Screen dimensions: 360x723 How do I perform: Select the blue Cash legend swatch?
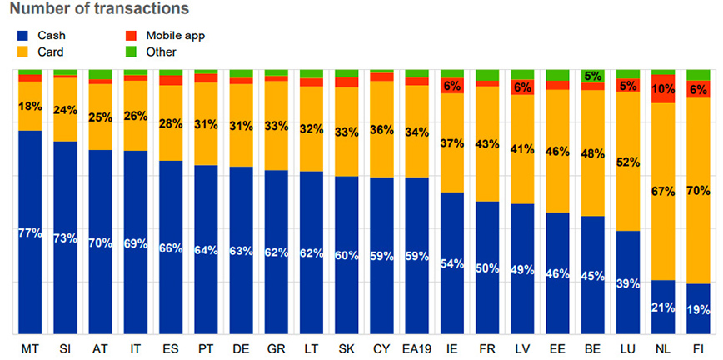click(22, 36)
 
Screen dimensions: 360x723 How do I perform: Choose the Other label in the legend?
click(161, 52)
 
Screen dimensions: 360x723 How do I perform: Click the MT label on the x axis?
click(30, 345)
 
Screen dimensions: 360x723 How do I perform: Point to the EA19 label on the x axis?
click(416, 345)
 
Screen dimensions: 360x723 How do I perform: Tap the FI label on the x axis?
click(698, 345)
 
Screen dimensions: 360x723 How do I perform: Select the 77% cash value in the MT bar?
click(30, 232)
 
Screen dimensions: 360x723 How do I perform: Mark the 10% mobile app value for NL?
click(664, 88)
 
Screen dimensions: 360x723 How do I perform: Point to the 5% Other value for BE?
click(593, 76)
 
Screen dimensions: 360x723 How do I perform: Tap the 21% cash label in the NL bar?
click(664, 307)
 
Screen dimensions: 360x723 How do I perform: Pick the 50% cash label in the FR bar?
click(487, 267)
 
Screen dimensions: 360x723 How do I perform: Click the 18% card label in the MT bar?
click(30, 106)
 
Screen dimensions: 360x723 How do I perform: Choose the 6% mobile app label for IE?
click(452, 85)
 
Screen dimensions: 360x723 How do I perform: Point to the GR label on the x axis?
click(277, 345)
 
